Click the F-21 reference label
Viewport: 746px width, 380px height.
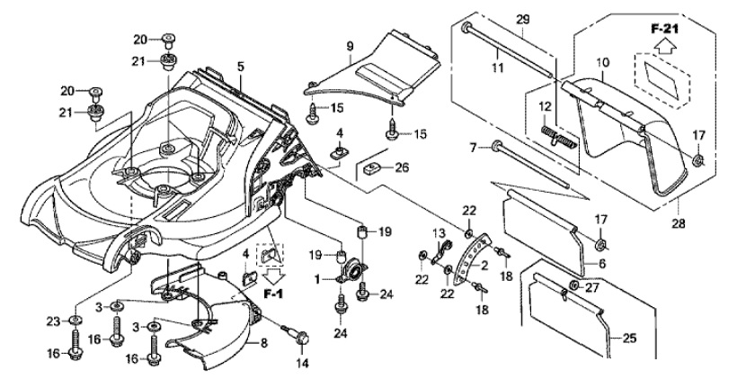(664, 29)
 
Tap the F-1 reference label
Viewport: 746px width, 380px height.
(273, 295)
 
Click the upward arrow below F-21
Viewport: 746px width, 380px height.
(664, 46)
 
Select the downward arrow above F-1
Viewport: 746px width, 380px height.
(272, 276)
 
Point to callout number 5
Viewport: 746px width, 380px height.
(240, 67)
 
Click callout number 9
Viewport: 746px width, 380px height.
(351, 47)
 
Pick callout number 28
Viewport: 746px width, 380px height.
(679, 222)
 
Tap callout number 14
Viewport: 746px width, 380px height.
(302, 364)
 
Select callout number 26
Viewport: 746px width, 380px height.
(402, 167)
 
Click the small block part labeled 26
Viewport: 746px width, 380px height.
(373, 167)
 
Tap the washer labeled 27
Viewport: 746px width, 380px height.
(574, 286)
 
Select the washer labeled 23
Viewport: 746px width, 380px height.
(75, 320)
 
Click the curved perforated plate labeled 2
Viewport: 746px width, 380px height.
(471, 259)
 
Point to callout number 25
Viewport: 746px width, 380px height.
(629, 339)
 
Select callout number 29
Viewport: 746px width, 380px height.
(522, 20)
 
